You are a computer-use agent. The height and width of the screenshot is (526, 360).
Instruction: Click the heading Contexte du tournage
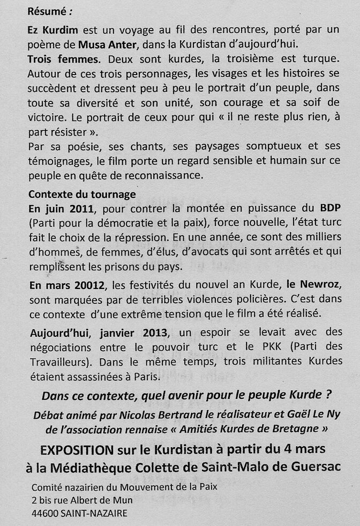pyautogui.click(x=82, y=194)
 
